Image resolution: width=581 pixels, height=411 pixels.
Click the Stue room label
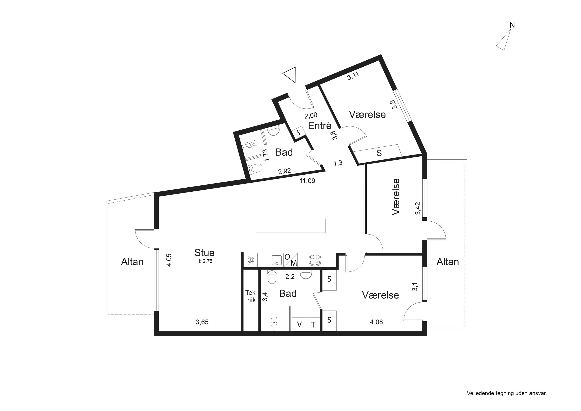tap(204, 252)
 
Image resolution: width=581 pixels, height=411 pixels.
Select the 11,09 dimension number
tap(307, 181)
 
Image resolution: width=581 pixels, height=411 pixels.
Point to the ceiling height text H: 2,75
tap(204, 261)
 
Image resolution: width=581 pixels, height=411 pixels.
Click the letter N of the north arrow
tap(512, 25)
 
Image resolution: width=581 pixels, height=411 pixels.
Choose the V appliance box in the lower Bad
tap(299, 324)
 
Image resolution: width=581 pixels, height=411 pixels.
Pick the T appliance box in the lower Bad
tap(313, 324)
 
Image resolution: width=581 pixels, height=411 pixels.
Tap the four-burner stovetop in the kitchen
tap(315, 260)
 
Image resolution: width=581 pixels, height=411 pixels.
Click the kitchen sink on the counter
tap(277, 260)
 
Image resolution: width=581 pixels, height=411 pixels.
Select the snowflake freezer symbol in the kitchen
tap(251, 260)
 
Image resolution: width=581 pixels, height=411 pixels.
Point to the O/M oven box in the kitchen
tap(290, 260)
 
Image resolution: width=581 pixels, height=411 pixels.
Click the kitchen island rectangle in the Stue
tap(290, 226)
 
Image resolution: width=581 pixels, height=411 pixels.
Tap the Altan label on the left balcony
tap(132, 262)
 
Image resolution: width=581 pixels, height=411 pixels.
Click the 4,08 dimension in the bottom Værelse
tap(376, 322)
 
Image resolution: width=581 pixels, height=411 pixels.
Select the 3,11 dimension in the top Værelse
tap(353, 76)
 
